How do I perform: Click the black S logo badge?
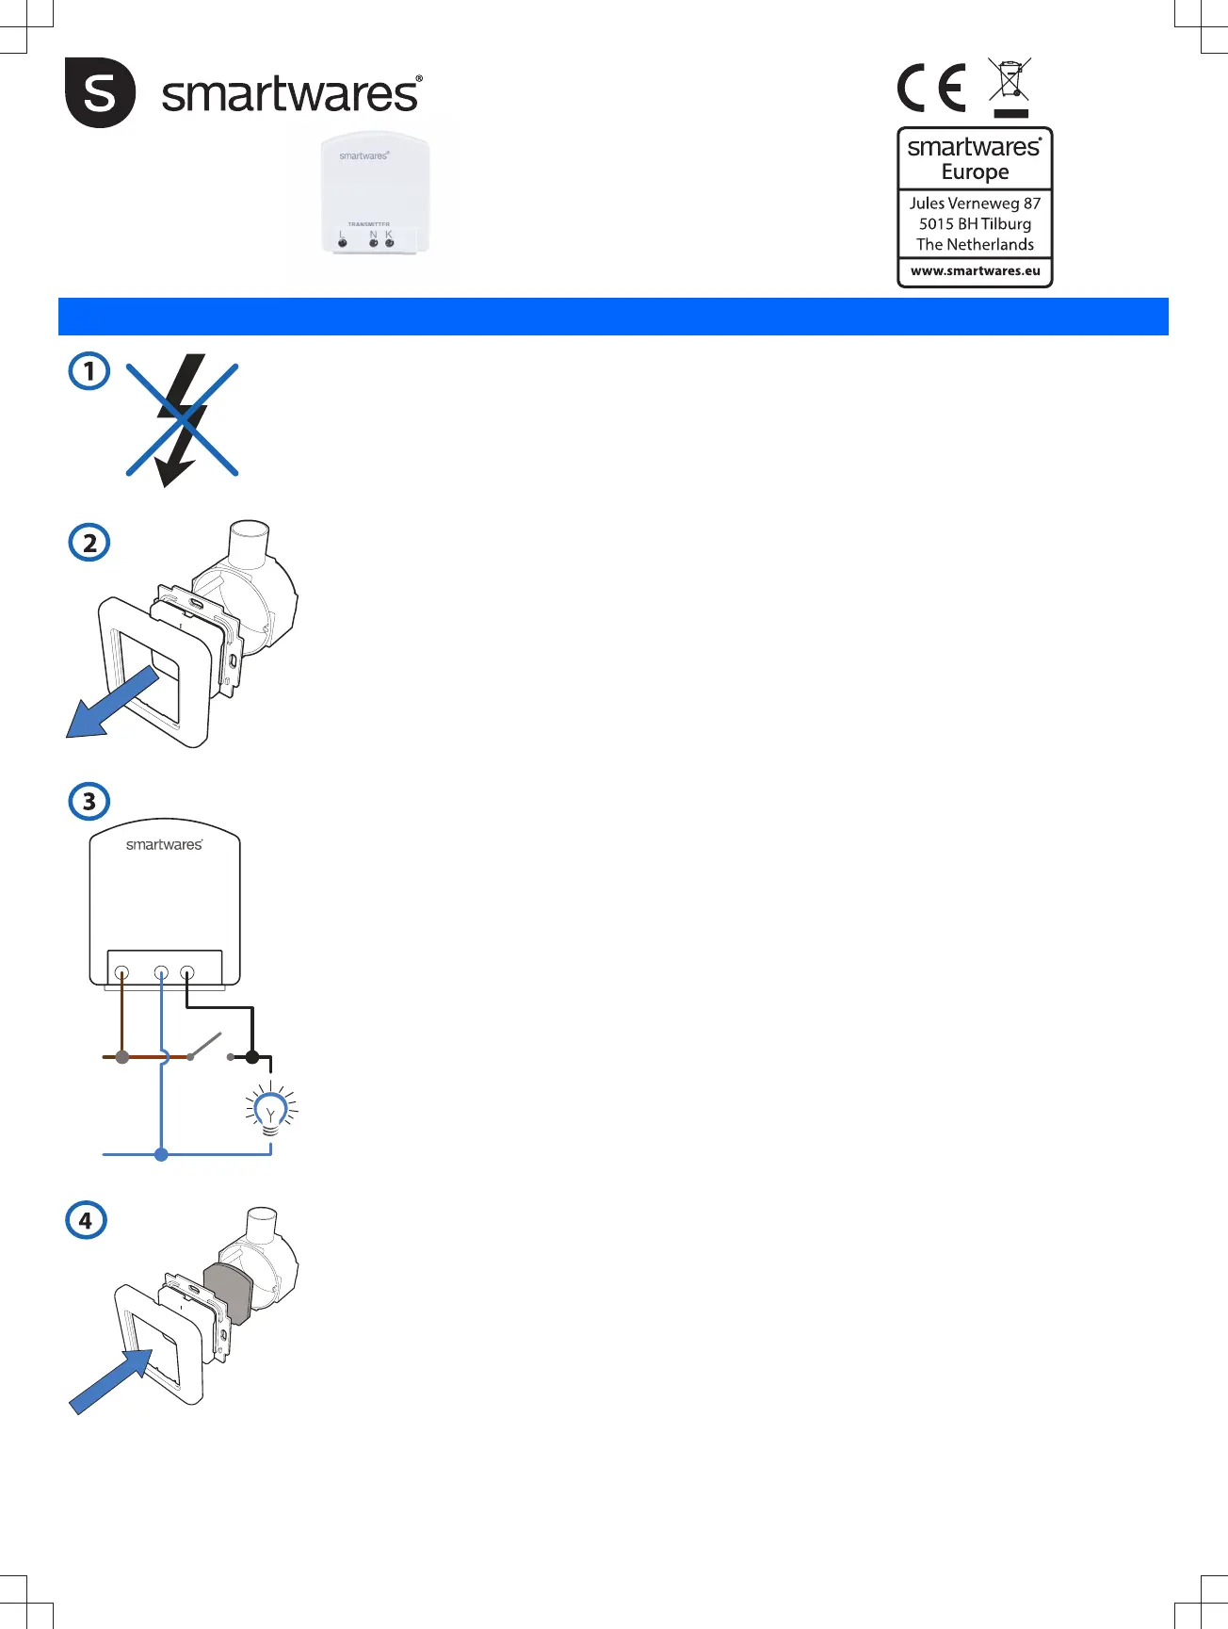coord(100,92)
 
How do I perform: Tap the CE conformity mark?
coord(931,88)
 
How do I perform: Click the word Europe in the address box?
coord(975,172)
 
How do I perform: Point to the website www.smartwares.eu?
coord(975,271)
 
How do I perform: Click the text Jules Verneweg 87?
coord(975,204)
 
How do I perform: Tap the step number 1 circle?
coord(89,371)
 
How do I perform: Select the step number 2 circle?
coord(89,543)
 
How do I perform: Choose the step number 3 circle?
coord(89,802)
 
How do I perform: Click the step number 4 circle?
coord(86,1220)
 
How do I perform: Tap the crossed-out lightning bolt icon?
coord(182,419)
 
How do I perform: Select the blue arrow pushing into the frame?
coord(109,1380)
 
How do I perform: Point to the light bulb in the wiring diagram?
coord(271,1113)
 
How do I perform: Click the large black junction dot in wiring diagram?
coord(252,1057)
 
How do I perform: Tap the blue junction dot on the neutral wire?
coord(161,1154)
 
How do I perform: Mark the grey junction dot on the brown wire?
coord(121,1057)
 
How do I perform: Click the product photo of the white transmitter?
coord(375,195)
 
